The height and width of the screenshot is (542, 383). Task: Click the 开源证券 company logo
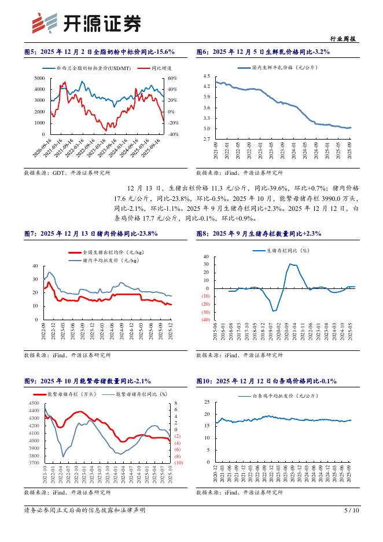click(86, 23)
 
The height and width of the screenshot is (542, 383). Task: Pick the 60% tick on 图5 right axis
click(172, 78)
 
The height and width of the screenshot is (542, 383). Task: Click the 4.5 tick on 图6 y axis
click(206, 76)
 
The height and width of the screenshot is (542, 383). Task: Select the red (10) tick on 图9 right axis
click(178, 463)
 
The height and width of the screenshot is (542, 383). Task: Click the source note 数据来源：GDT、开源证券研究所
click(67, 173)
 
